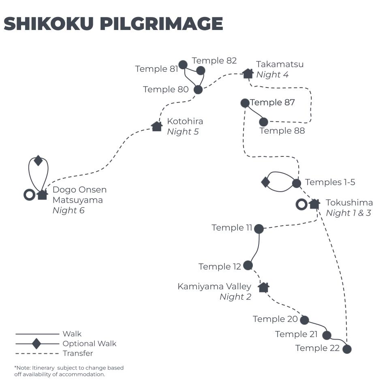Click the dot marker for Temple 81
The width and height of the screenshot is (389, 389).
[x=183, y=65]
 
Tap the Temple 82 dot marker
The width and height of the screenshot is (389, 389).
[x=201, y=71]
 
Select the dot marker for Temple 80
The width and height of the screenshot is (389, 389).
[x=198, y=90]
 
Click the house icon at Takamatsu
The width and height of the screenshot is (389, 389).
[x=248, y=73]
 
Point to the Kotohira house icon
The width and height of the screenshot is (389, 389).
[x=157, y=126]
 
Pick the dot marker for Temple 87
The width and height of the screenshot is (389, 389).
[x=245, y=103]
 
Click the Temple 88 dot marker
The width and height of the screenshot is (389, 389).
[x=263, y=122]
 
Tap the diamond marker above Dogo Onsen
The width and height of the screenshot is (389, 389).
[x=38, y=160]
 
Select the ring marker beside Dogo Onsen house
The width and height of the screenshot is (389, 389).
[x=29, y=195]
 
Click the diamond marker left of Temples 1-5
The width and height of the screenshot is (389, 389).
[x=265, y=182]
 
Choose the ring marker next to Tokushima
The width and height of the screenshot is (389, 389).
[x=301, y=204]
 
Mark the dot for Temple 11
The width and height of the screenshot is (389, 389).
[x=259, y=229]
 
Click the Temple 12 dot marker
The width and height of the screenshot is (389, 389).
[x=248, y=265]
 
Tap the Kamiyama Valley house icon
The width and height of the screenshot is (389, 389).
[x=263, y=288]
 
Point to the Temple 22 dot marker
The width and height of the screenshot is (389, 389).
[x=347, y=349]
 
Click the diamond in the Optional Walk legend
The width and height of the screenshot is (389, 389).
[x=36, y=344]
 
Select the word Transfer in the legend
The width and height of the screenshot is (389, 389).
[x=78, y=353]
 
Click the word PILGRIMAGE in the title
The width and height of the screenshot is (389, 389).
[x=161, y=24]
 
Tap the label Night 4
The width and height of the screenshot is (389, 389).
[x=272, y=75]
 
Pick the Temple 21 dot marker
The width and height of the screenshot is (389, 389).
[x=327, y=335]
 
